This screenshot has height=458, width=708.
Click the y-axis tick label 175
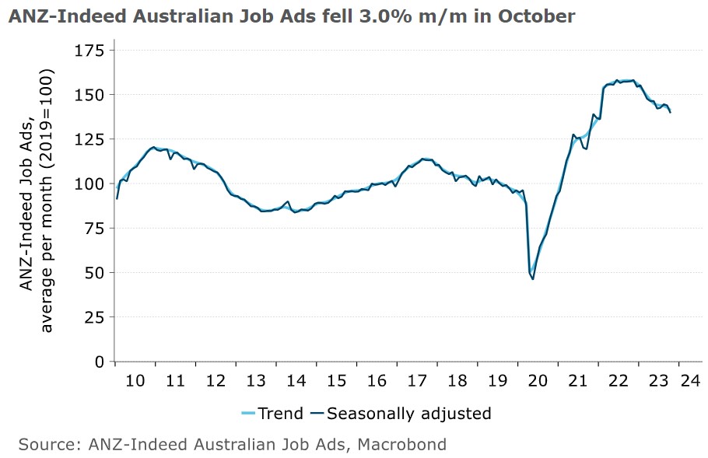coord(89,51)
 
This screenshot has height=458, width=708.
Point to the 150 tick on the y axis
coord(89,95)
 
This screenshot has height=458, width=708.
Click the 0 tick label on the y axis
coord(99,362)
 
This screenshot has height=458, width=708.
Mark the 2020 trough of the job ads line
coord(533,278)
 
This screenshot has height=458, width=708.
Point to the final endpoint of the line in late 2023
coord(670,113)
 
